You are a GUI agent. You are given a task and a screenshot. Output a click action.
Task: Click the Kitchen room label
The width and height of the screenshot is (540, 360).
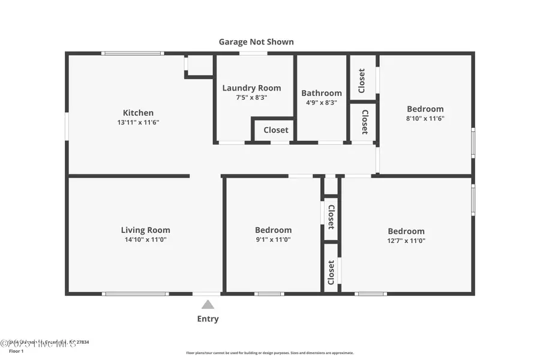point(138,113)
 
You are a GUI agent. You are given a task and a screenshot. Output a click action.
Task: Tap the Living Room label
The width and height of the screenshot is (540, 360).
point(145,230)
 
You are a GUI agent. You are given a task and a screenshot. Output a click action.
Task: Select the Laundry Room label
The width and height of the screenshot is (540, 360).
point(251,88)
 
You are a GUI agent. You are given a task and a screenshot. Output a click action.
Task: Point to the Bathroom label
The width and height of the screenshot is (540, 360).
point(322,93)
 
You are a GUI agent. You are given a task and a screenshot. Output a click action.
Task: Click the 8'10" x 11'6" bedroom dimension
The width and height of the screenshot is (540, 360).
point(425,118)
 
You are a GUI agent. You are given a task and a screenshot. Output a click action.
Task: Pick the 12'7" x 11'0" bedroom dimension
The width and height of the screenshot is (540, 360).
point(406,240)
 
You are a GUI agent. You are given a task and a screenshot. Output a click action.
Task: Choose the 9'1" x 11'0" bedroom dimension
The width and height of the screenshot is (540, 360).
point(273,239)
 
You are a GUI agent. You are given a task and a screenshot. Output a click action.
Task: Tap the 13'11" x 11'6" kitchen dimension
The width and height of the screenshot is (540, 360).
point(138,122)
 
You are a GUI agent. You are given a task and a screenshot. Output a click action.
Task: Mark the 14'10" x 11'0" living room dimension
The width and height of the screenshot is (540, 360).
point(145,239)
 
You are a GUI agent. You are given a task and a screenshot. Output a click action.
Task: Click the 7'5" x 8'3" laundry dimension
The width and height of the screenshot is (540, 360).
point(251,97)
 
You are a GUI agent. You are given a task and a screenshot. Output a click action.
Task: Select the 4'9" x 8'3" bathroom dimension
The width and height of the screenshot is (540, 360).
point(322,103)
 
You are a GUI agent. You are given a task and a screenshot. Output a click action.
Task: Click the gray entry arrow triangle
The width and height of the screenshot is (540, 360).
point(208,305)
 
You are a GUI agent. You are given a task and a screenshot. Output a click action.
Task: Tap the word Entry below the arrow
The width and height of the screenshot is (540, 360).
point(208,319)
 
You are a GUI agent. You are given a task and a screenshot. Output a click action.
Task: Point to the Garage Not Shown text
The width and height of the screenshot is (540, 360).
point(256,42)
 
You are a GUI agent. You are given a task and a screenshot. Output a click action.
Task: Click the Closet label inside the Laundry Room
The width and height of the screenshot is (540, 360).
point(275,130)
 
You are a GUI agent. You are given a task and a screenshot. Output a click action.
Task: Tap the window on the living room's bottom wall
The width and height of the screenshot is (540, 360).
point(135,293)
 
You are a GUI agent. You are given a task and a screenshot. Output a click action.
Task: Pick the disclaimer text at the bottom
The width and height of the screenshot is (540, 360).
point(270,353)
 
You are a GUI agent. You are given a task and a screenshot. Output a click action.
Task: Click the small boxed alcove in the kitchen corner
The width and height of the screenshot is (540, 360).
point(200,65)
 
